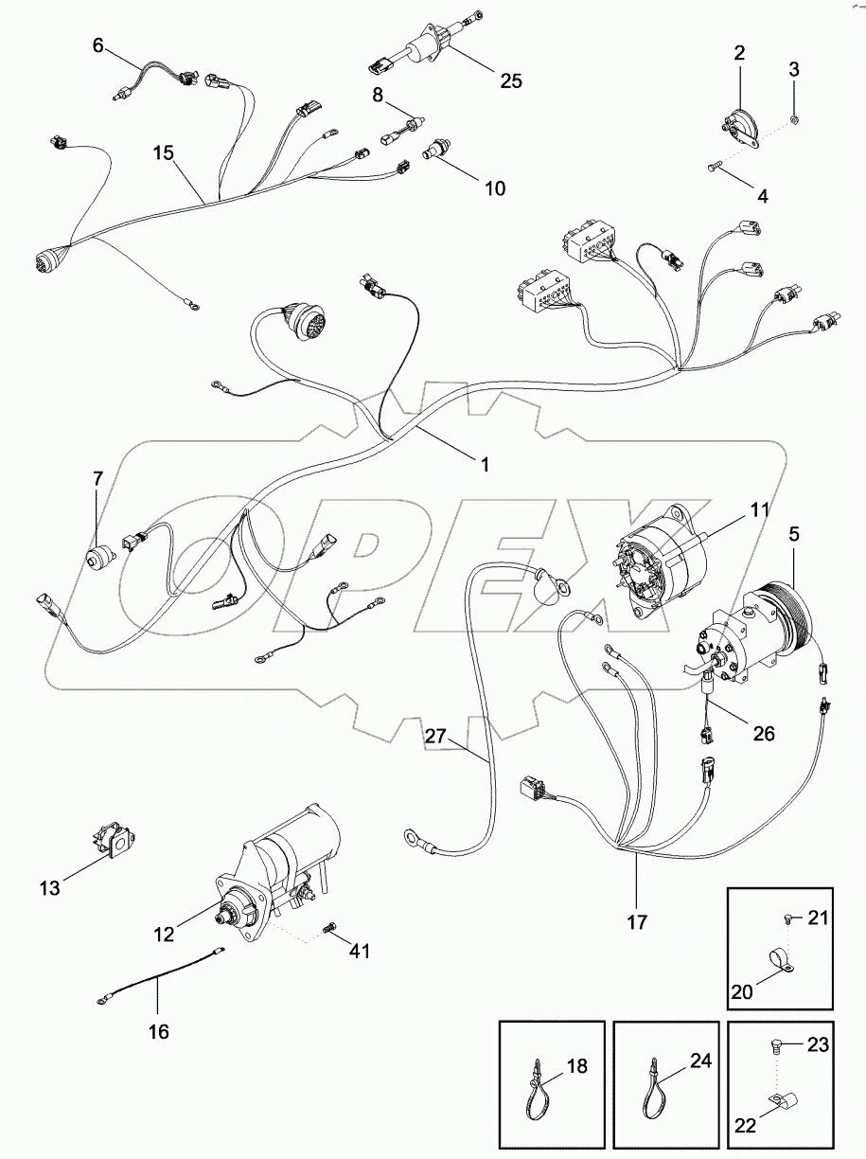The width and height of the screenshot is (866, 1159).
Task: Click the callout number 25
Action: (510, 80)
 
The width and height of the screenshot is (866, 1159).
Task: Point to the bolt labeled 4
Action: (714, 168)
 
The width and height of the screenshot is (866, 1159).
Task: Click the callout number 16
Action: (158, 1032)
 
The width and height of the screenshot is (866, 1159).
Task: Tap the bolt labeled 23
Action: (770, 1047)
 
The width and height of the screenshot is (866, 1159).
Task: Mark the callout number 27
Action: (434, 736)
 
